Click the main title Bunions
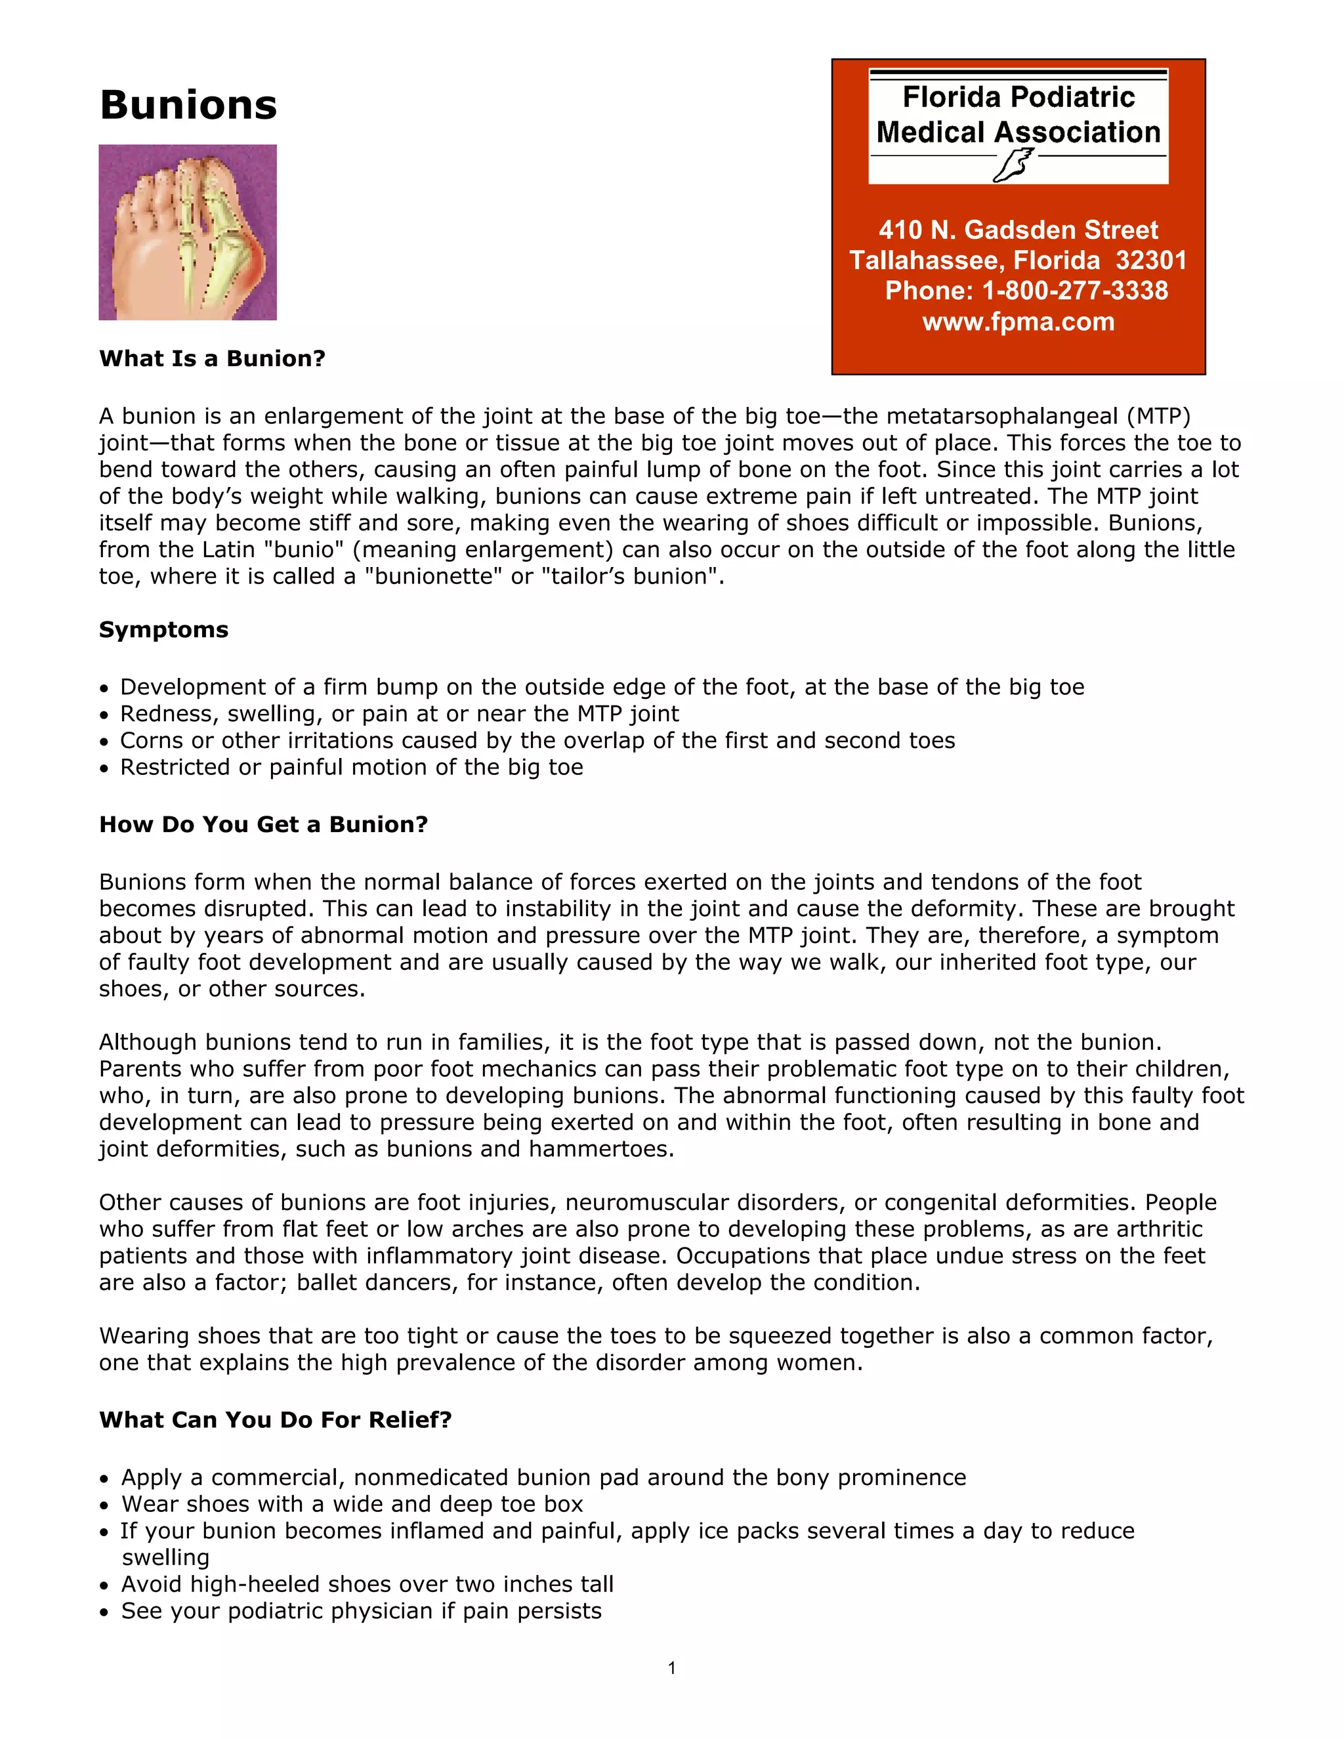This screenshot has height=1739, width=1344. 188,105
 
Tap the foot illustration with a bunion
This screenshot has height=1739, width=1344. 187,232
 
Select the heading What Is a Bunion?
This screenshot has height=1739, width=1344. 212,358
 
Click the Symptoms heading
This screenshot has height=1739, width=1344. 163,630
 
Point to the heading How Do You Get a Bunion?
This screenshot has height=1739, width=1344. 262,824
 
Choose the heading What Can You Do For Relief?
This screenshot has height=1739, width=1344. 275,1419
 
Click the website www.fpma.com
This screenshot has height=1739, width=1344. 1018,322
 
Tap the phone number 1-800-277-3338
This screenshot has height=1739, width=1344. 1075,291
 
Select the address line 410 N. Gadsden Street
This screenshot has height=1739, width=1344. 1018,230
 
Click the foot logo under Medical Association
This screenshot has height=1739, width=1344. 1013,165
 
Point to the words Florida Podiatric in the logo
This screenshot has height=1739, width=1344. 1018,97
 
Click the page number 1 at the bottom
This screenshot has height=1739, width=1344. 672,1668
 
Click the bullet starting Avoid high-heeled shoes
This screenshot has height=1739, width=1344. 366,1585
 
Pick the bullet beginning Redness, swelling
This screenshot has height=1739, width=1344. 398,714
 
